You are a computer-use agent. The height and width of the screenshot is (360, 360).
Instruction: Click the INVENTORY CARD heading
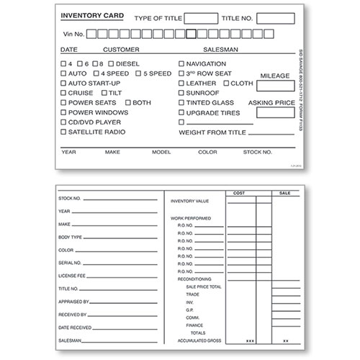[91, 16]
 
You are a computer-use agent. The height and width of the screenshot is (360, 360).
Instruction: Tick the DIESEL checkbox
[110, 63]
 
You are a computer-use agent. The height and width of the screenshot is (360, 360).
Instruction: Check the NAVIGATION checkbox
[181, 63]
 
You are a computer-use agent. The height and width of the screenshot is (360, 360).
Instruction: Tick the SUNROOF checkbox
[181, 93]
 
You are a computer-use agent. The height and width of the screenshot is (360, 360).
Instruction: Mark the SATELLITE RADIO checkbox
[63, 132]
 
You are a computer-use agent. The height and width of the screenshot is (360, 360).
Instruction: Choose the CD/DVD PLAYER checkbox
[63, 122]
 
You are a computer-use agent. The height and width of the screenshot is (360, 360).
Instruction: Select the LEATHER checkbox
[181, 83]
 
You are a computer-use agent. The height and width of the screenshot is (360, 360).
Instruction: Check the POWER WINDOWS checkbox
[63, 112]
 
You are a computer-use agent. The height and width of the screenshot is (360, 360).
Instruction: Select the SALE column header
[285, 193]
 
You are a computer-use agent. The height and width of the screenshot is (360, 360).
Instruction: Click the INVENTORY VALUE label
[189, 201]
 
